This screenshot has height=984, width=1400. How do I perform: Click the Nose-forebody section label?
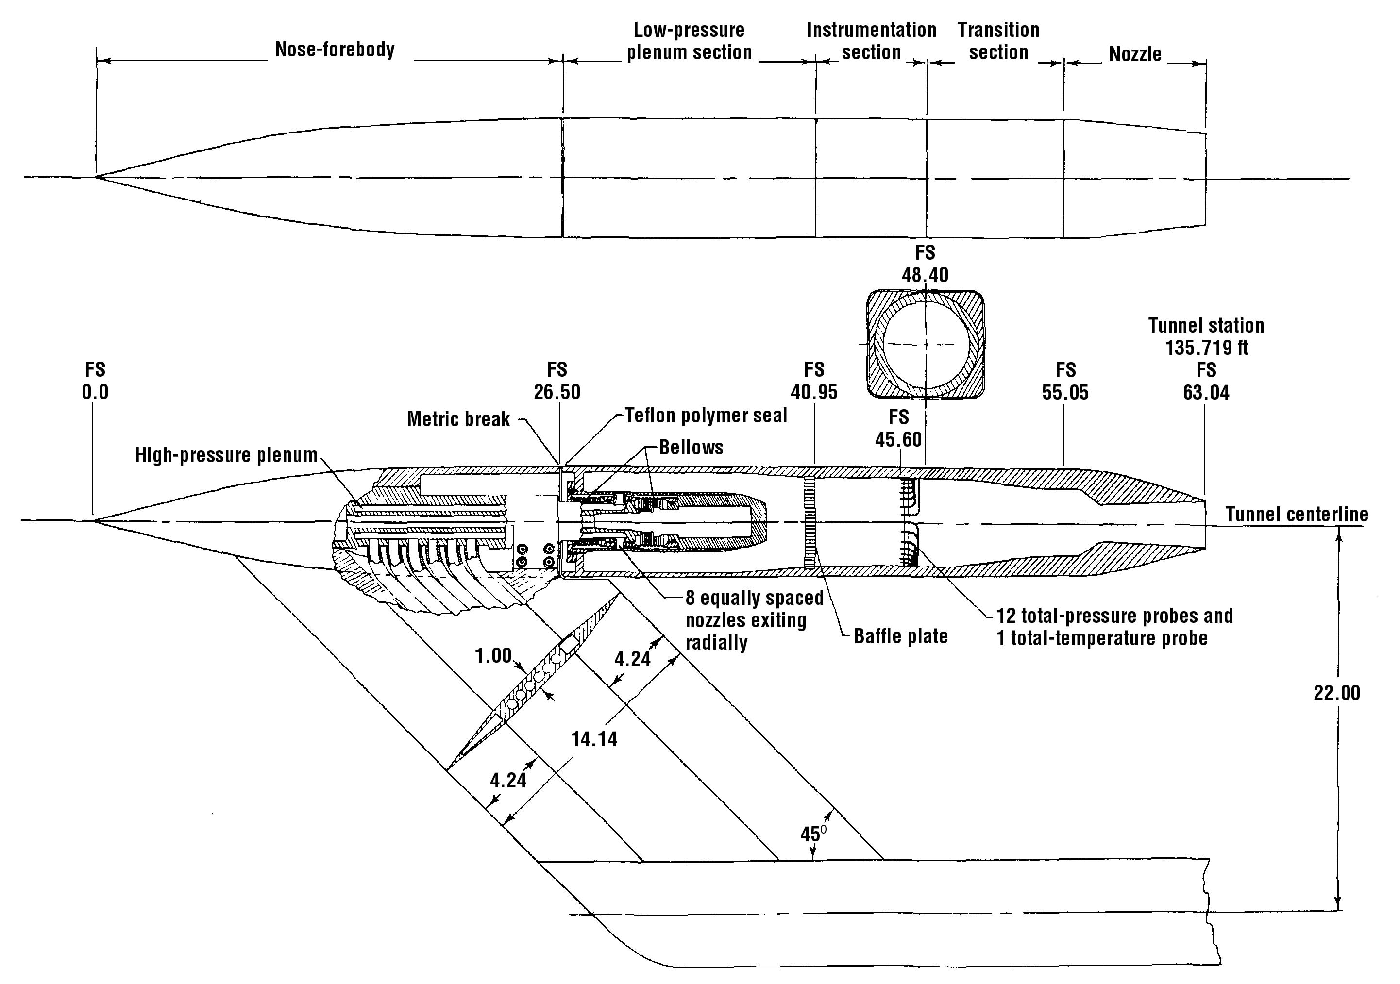pos(335,50)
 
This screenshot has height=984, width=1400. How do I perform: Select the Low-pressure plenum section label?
pos(689,41)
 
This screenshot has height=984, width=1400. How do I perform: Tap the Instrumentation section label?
pos(871,41)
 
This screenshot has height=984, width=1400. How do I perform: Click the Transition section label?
pos(998,41)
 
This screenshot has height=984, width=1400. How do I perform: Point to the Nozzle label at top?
pos(1135,54)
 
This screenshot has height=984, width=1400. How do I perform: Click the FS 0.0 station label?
pos(95,381)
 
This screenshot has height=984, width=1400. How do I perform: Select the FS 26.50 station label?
pos(557,381)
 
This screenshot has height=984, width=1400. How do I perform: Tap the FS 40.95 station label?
pos(814,381)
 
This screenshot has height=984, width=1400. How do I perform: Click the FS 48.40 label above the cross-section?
pos(925,264)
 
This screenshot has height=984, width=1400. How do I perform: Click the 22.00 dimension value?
pos(1336,693)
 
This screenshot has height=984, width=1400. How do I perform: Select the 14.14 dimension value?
pos(594,739)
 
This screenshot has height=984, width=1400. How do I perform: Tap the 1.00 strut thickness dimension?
pos(493,656)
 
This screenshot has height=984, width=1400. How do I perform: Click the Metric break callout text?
pos(458,419)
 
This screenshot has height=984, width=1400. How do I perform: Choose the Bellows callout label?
pos(692,448)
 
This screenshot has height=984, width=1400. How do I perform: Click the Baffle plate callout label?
pos(901,636)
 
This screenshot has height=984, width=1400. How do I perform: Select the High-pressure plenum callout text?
pos(226,455)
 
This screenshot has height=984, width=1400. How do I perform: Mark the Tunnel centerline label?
pos(1297,515)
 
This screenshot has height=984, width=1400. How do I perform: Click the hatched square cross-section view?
pos(925,345)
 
